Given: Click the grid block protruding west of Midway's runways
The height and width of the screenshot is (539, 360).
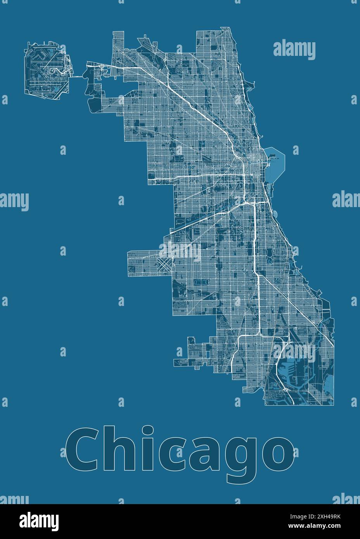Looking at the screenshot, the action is pyautogui.click(x=142, y=264).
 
